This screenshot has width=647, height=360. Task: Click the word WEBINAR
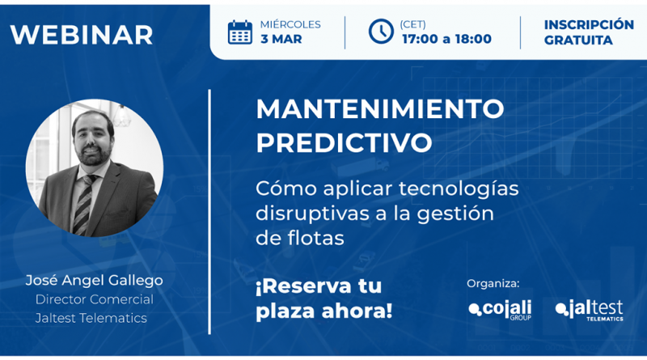[82, 34]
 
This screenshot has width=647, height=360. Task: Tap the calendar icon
[239, 32]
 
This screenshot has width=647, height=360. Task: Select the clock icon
[380, 32]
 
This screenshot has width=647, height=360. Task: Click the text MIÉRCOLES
[290, 24]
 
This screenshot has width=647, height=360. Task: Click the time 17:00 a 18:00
[446, 40]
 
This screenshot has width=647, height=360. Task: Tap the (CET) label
[412, 24]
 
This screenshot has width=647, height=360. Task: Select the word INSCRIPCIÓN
[588, 24]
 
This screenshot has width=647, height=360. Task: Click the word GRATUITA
[578, 40]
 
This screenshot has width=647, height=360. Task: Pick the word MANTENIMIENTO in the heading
[380, 108]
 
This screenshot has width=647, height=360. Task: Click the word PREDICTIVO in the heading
[344, 142]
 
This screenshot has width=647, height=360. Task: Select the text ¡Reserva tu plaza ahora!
[323, 298]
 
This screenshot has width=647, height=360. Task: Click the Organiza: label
[493, 283]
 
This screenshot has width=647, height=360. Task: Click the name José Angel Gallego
[94, 281]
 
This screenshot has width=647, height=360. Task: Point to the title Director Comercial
[94, 299]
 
